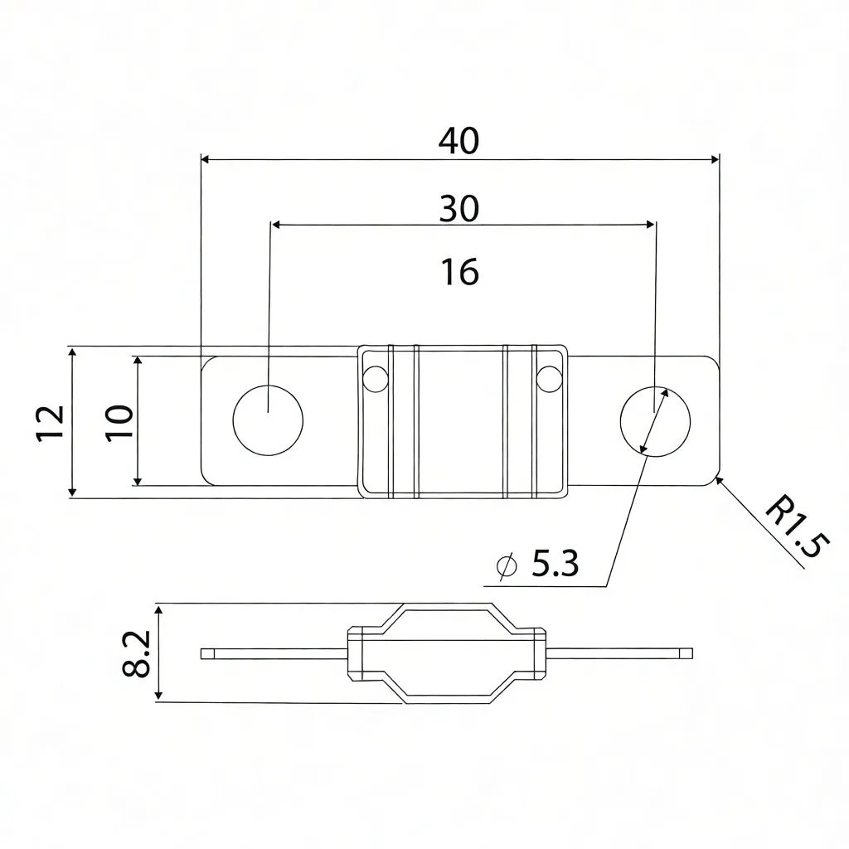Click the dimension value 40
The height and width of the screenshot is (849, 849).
click(x=458, y=142)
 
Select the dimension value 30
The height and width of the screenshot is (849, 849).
click(x=458, y=209)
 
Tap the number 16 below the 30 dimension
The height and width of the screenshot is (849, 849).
click(x=460, y=272)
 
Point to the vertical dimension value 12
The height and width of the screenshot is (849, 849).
click(x=51, y=423)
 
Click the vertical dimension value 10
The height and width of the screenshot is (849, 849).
click(x=119, y=423)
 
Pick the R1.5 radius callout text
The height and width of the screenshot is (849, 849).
click(x=795, y=527)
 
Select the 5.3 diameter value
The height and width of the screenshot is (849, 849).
click(x=554, y=565)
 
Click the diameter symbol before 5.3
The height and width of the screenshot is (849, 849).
click(x=505, y=565)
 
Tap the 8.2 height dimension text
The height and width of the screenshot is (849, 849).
click(x=137, y=653)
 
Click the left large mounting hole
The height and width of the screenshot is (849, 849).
click(x=268, y=420)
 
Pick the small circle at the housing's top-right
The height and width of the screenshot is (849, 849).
click(x=548, y=378)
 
